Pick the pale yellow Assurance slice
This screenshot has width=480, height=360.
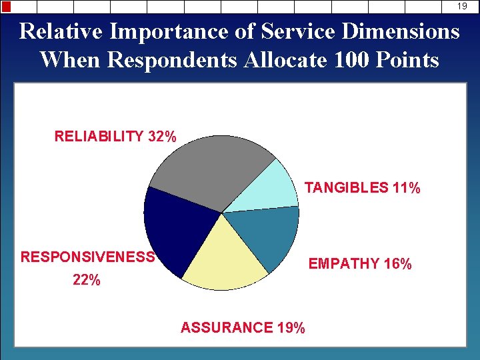tap(223, 260)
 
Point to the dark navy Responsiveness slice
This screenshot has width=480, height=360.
tap(173, 227)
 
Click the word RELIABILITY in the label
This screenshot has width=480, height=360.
tap(99, 137)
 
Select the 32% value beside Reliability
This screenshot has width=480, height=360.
tap(162, 137)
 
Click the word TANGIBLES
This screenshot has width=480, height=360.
tap(346, 188)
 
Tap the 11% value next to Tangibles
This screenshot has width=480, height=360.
tap(406, 188)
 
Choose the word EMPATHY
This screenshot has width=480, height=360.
tap(343, 264)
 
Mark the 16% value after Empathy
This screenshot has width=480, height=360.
tap(398, 264)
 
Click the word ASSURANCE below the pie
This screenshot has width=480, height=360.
tap(227, 327)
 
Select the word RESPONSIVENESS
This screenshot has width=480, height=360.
tap(88, 257)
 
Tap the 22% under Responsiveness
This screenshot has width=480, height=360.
tap(87, 281)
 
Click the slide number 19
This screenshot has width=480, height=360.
tap(462, 6)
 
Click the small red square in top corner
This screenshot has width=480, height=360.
tap(6, 7)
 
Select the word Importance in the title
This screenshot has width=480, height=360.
tap(167, 31)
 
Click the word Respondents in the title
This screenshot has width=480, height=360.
tap(172, 60)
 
